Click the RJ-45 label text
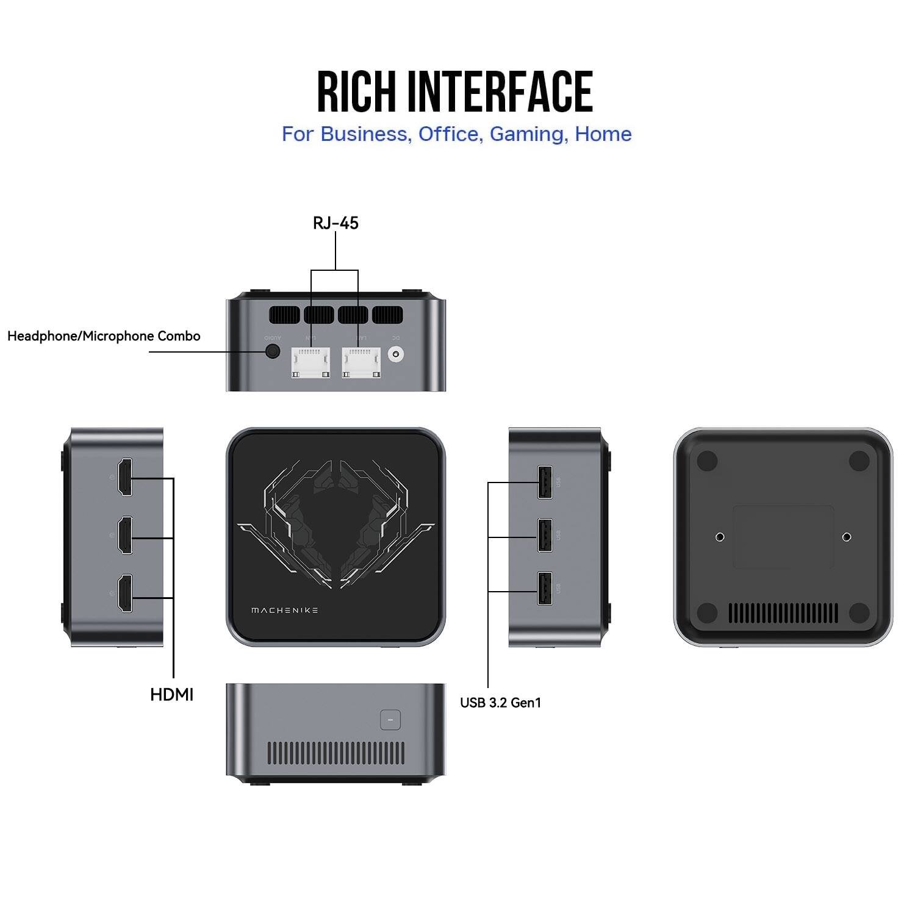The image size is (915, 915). (335, 223)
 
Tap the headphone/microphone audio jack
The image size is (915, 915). (273, 352)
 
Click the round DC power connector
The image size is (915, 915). (398, 354)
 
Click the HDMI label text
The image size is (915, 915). (171, 694)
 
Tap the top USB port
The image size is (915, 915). (545, 482)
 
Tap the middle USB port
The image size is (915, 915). (545, 535)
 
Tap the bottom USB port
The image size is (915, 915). (545, 588)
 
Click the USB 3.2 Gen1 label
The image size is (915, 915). (500, 703)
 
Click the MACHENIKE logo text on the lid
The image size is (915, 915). (284, 610)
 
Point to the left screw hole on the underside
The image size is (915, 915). (720, 537)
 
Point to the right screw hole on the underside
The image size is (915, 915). (847, 537)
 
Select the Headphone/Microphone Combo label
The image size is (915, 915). (104, 336)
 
